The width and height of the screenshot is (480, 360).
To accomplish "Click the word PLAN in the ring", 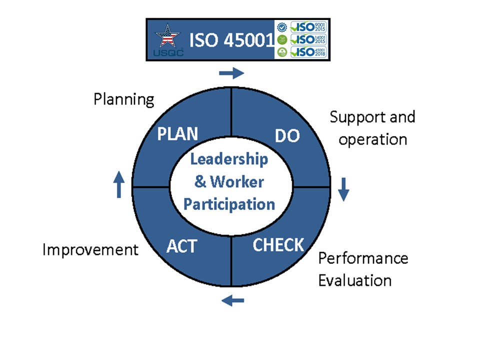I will point(177,133).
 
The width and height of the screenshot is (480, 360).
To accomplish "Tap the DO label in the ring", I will point(287,135).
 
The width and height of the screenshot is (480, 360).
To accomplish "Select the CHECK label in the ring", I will point(278,245).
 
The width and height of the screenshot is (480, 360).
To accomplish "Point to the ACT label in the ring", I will point(181,246).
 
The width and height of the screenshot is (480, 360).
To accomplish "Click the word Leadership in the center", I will point(229,159).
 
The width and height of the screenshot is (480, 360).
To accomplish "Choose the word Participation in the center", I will point(229,204).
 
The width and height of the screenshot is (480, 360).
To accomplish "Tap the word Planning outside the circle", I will point(124,99).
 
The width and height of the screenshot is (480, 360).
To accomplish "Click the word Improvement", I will point(90,249).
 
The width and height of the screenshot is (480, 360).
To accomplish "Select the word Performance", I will point(363,258).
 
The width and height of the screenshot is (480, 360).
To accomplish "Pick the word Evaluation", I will point(354,280).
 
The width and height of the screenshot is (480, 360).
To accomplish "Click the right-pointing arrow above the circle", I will point(231,73).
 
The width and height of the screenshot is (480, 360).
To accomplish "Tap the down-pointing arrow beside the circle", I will point(342,189).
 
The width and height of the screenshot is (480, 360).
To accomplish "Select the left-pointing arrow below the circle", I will point(233,300).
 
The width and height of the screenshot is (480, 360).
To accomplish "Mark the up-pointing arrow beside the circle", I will point(118,185).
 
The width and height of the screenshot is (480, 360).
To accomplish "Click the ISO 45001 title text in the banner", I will point(231,40).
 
